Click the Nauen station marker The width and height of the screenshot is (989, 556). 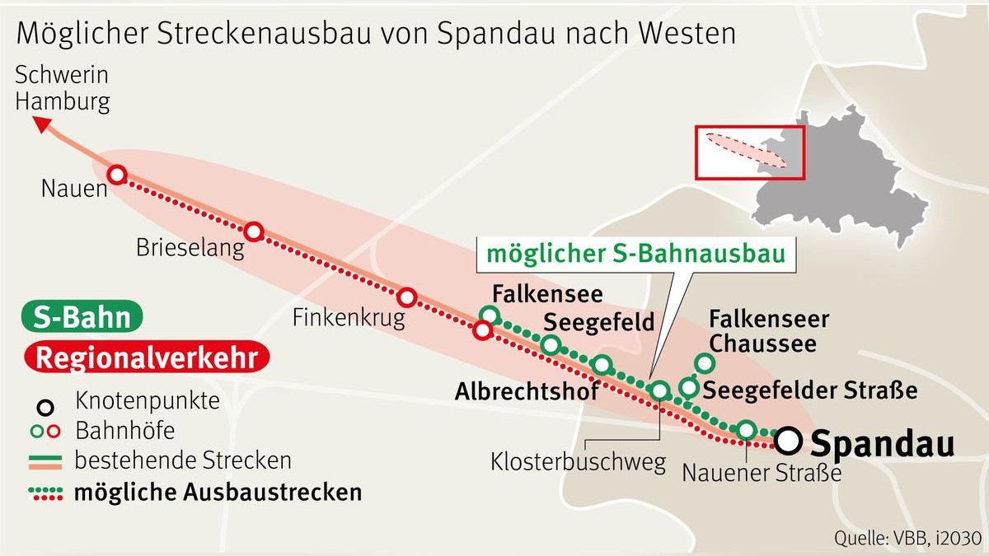[117, 175]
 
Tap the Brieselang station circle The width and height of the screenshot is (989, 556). [254, 231]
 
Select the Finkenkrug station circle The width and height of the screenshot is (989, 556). [407, 297]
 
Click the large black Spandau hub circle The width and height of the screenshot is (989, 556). [789, 441]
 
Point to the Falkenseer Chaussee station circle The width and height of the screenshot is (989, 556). [704, 362]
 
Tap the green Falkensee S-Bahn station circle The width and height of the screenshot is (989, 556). [490, 315]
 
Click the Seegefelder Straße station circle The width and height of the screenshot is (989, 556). [688, 386]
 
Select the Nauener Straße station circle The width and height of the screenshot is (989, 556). [746, 429]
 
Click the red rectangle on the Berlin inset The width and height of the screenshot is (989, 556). [749, 152]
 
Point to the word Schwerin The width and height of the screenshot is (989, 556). [62, 76]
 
